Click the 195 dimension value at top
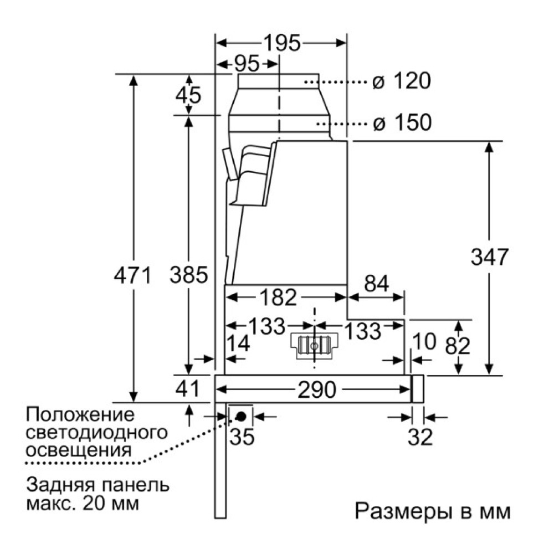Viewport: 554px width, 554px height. tap(281, 43)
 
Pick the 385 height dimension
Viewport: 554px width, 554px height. tap(189, 275)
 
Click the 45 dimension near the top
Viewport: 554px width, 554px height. tap(188, 95)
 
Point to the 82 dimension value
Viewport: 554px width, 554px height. tap(458, 346)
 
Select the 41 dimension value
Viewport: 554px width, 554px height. tap(187, 388)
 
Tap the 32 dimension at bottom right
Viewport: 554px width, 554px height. tap(420, 438)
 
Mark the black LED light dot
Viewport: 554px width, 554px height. tap(241, 416)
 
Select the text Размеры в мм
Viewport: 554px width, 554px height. tap(433, 510)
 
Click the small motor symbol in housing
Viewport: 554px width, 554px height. tap(314, 345)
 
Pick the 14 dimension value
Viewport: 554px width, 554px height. tap(238, 345)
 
